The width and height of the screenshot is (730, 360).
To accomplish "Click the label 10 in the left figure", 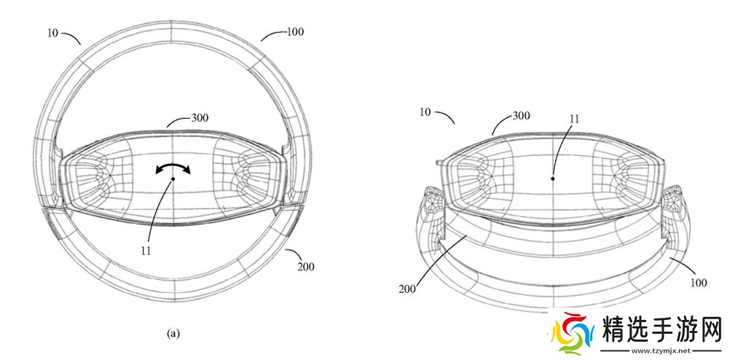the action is click(x=52, y=33).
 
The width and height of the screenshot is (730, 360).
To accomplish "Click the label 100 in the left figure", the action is click(x=295, y=31).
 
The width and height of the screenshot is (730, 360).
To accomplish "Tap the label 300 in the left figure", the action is click(x=200, y=118).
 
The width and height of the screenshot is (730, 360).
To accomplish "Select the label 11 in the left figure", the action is click(x=146, y=251).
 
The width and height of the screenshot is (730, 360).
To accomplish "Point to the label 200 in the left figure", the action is click(x=305, y=267).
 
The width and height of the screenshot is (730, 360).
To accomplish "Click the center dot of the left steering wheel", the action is click(x=173, y=179).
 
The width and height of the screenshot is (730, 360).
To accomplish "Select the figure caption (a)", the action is click(x=173, y=334).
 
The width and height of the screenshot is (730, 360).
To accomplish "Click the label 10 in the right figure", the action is click(x=425, y=112).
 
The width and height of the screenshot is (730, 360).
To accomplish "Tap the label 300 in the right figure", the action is click(x=521, y=115).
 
